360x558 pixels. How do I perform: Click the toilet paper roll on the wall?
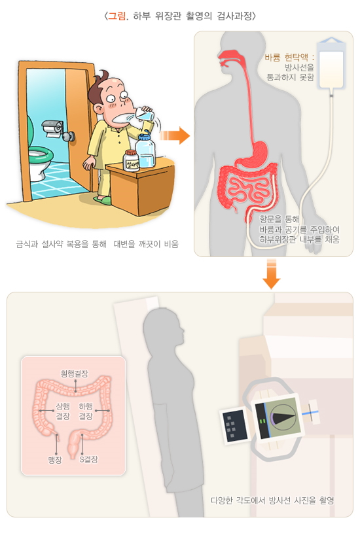point(53,128)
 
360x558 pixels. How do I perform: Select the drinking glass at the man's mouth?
point(145,114)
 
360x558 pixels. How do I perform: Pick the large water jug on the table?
point(145,150)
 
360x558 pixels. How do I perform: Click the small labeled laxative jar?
point(131,161)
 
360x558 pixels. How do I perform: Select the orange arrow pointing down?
point(272,273)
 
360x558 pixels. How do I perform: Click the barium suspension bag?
point(331,63)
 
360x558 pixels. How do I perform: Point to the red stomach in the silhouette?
point(253,154)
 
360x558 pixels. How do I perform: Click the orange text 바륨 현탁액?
point(286,58)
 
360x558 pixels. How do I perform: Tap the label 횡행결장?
point(75,374)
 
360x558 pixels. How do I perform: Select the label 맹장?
point(55,460)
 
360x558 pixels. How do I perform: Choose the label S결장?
point(88,459)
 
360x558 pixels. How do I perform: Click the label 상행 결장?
point(63,411)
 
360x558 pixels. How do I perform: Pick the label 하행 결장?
point(86,411)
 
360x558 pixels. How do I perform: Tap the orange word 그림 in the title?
point(117,16)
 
